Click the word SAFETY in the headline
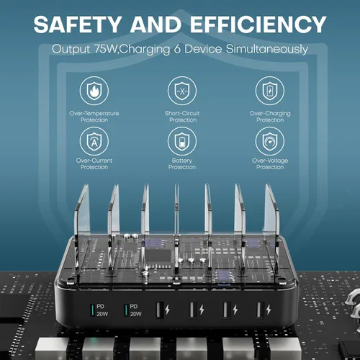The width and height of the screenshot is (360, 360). [x=78, y=24]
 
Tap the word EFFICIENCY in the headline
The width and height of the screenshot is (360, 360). [x=258, y=24]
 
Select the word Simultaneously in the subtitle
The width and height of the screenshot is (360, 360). [x=267, y=50]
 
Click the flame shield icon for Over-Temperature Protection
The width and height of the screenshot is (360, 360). [x=94, y=91]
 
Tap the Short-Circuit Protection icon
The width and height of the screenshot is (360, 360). [x=182, y=91]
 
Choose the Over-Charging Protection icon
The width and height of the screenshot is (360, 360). [x=270, y=91]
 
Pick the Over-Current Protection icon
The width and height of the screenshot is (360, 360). [x=94, y=141]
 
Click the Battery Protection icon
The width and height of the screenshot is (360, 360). [x=182, y=141]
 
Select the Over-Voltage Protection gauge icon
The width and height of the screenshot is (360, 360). [x=270, y=141]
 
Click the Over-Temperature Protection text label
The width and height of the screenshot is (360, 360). [x=94, y=117]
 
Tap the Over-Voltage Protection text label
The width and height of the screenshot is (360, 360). [x=270, y=164]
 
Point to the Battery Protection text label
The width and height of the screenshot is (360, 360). [x=182, y=164]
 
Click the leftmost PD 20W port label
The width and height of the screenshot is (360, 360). [x=102, y=310]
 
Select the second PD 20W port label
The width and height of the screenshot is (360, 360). [x=135, y=310]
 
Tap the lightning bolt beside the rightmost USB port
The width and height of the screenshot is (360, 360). [x=269, y=310]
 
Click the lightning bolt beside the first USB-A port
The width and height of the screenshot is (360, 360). [x=168, y=310]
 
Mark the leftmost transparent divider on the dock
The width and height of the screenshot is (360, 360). [x=81, y=230]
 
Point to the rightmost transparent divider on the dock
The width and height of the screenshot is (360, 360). [x=272, y=230]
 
